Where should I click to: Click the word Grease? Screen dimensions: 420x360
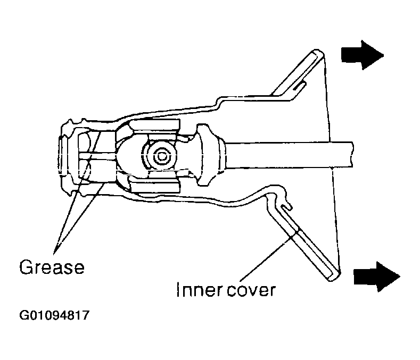tap(52, 267)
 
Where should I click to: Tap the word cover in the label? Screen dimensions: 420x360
tap(251, 291)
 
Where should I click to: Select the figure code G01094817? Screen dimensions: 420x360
tap(54, 315)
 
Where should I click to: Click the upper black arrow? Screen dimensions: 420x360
tap(362, 55)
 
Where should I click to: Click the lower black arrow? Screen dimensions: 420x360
tap(377, 277)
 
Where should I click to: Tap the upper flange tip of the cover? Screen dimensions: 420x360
tap(317, 52)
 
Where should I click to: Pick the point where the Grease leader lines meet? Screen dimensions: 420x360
tap(54, 253)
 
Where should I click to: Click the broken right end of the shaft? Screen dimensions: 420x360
tap(352, 155)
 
